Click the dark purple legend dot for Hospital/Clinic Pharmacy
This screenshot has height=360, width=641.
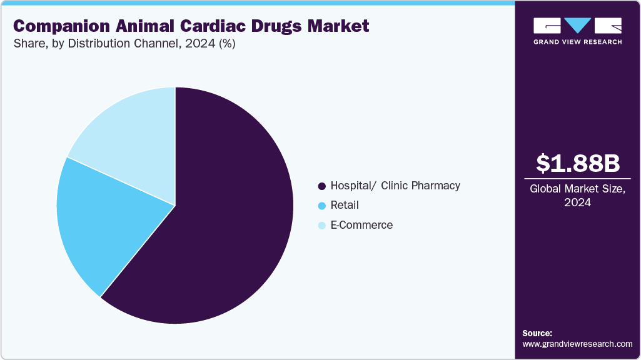[322, 186]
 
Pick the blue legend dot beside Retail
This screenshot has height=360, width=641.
[322, 206]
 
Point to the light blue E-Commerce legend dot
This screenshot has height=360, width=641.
[322, 226]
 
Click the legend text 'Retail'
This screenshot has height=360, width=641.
[345, 206]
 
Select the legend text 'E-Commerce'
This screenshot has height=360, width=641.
[361, 226]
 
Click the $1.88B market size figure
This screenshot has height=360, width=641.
[578, 163]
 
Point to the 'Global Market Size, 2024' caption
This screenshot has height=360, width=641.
[578, 196]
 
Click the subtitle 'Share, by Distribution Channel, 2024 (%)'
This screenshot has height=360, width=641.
[124, 44]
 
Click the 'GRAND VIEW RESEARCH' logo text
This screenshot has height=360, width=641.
[578, 42]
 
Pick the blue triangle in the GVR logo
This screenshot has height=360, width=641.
[578, 26]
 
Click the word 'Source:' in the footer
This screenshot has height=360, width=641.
[537, 333]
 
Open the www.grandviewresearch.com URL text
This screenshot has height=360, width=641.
[577, 344]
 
